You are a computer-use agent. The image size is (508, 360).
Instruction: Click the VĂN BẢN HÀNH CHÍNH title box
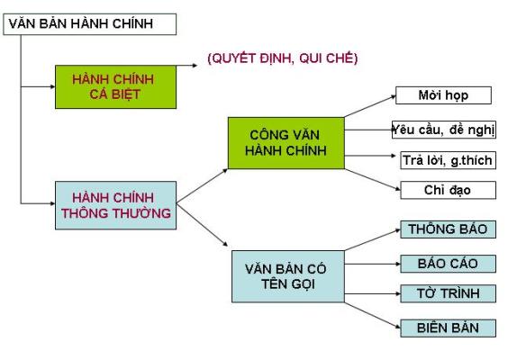tap(90, 24)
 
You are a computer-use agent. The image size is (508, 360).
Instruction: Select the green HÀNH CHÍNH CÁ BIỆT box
tap(115, 86)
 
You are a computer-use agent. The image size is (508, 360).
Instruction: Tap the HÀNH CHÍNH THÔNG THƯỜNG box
tap(115, 205)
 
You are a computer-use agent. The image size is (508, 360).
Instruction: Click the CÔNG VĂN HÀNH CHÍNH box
tap(286, 143)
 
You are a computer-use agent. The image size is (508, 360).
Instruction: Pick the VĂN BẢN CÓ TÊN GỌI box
tap(288, 276)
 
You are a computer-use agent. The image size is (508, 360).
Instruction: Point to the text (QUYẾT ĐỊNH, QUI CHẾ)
tap(283, 58)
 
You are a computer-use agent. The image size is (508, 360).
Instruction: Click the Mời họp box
tap(443, 95)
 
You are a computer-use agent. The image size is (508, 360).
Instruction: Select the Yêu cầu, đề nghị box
tap(444, 130)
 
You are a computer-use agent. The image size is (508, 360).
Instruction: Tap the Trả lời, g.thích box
tap(448, 160)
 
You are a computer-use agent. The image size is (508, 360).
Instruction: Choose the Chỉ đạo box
tap(448, 190)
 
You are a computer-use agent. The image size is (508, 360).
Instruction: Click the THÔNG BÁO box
tap(448, 229)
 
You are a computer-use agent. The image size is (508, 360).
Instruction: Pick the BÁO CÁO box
tap(448, 264)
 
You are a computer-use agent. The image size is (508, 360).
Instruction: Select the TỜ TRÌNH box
tap(448, 293)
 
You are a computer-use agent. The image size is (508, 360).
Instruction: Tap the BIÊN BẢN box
tap(448, 328)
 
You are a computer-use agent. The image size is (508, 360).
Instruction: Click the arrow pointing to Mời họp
tap(370, 106)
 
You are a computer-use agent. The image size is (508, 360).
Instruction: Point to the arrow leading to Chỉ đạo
tap(373, 179)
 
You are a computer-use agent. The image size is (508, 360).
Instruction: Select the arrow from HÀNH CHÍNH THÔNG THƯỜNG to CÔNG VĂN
tap(202, 186)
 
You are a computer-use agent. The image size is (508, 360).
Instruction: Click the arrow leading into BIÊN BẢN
tap(373, 316)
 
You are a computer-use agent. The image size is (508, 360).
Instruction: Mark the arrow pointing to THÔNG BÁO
tap(373, 240)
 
